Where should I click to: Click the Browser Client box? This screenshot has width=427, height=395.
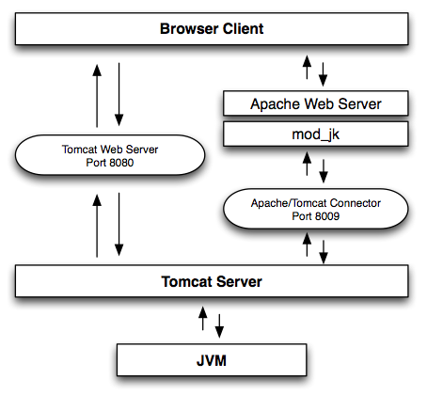coord(212,29)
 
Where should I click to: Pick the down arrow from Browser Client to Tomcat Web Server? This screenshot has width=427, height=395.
coord(119,94)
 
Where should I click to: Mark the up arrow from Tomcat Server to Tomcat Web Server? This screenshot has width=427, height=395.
coord(97,227)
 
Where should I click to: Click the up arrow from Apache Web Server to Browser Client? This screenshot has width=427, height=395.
coord(305,68)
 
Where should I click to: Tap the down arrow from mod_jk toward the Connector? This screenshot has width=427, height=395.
coord(324,170)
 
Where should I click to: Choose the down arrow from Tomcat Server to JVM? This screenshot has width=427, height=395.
coord(222,324)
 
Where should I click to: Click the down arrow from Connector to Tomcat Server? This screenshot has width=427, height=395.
coord(324,250)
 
